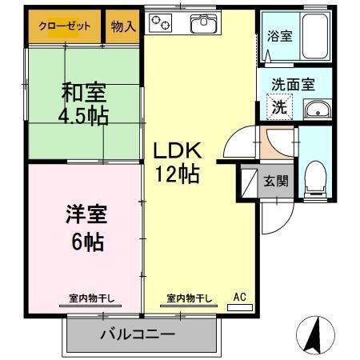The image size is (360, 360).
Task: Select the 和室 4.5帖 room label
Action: (82, 103)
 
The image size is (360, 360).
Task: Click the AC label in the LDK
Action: (239, 298)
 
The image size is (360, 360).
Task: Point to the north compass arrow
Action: (314, 333)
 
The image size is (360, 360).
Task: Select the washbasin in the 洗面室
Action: (319, 109)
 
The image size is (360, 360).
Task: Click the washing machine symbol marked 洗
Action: (280, 106)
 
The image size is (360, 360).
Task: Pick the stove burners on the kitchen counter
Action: (163, 24)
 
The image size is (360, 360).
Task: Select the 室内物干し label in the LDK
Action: (190, 298)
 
